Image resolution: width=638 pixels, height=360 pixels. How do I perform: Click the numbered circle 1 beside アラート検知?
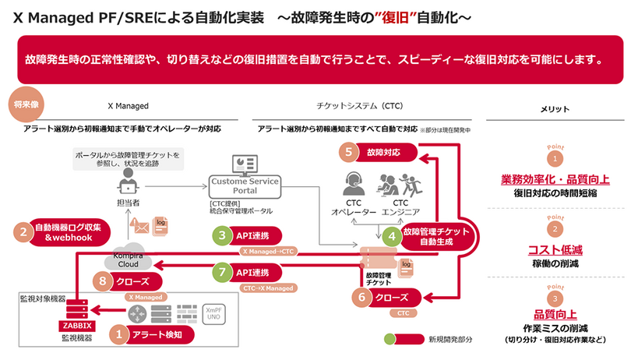(x=119, y=334)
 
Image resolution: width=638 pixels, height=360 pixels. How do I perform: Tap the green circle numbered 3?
(x=222, y=235)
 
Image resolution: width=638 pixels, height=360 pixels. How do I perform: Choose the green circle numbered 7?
(x=222, y=273)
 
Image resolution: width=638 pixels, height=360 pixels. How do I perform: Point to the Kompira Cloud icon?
(x=126, y=259)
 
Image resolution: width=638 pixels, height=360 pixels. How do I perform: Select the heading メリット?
(x=555, y=108)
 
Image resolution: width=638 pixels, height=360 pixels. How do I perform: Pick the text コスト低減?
(x=555, y=250)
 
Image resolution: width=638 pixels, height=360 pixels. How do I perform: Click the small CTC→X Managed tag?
(x=270, y=288)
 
